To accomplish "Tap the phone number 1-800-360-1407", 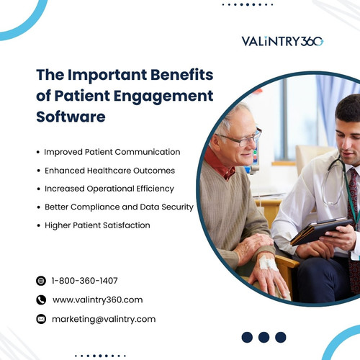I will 85,281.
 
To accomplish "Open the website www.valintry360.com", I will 97,300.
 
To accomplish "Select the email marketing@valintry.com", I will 104,318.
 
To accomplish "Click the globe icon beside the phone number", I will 40,281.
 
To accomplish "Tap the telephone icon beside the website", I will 40,300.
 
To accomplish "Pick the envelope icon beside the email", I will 40,318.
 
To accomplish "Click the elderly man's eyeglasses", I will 240,137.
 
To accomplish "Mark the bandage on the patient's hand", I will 268,264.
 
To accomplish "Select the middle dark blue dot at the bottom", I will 264,336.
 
